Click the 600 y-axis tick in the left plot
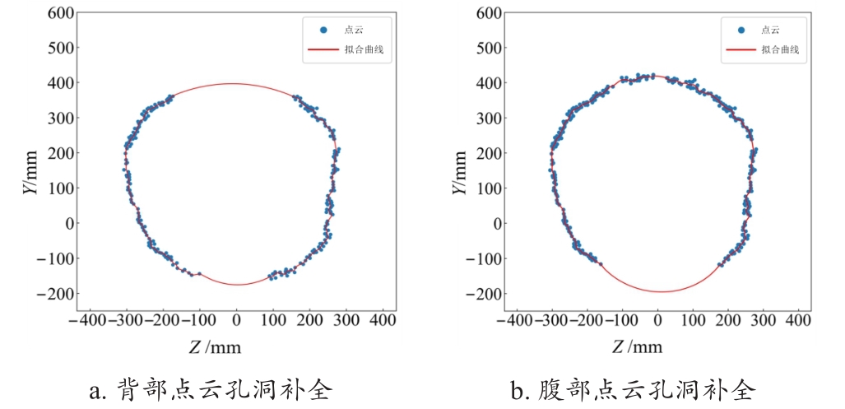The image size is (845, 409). point(61,13)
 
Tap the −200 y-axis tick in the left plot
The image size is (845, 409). point(56,294)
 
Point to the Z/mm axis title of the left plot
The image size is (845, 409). point(216,347)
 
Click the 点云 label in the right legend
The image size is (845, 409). point(770,30)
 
